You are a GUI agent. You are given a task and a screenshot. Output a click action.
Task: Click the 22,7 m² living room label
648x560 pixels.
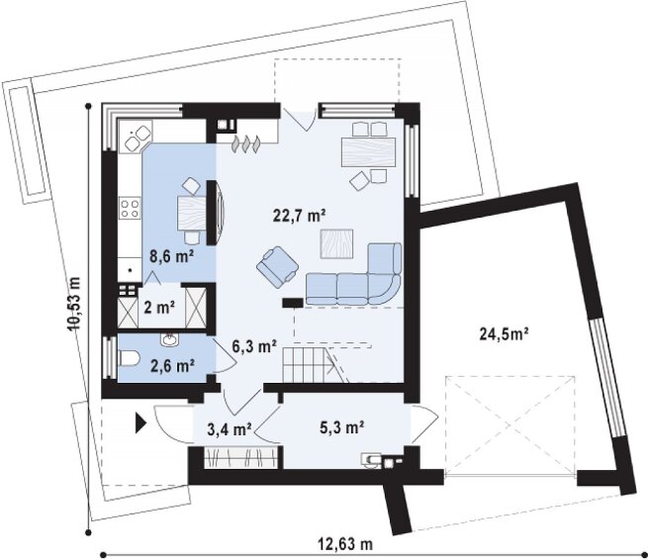point(300,216)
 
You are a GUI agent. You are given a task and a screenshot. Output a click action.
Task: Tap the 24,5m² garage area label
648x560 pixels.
point(505,333)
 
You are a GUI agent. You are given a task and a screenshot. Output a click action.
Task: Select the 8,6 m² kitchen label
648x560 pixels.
point(172,256)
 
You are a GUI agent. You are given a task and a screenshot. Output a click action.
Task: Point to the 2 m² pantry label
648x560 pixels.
point(159,308)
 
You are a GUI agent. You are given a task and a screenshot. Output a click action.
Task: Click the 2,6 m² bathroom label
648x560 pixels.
point(173,366)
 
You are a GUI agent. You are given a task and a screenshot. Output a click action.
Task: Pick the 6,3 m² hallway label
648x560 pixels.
point(254,346)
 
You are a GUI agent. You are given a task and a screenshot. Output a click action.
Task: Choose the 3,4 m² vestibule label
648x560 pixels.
point(230,429)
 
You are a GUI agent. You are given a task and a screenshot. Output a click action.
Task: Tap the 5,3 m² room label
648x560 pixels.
point(341,426)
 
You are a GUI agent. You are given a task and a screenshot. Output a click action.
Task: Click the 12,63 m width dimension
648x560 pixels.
point(345,544)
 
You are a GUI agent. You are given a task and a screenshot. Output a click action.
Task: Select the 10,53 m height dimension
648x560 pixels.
point(74,303)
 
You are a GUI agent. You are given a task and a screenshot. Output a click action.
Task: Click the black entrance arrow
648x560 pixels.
point(140,424)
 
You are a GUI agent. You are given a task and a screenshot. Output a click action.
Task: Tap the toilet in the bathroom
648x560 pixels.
point(129,358)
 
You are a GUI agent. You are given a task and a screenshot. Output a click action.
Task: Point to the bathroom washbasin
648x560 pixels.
point(169,339)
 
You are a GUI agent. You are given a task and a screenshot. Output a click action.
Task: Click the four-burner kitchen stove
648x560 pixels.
point(130,208)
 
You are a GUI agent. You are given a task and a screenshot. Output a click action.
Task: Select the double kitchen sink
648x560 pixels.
point(138,138)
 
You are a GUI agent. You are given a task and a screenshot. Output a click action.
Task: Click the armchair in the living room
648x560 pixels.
point(278,266)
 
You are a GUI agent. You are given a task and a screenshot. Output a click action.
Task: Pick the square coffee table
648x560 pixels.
point(336,243)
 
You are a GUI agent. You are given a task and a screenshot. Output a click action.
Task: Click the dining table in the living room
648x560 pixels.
point(368,152)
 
